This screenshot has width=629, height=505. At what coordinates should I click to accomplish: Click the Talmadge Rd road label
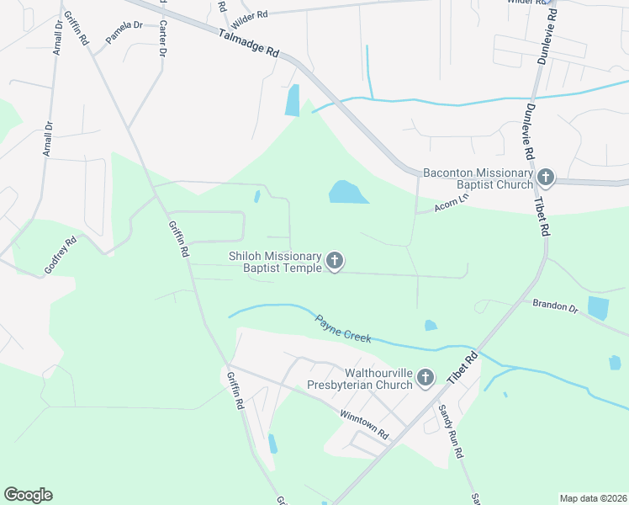coord(249,44)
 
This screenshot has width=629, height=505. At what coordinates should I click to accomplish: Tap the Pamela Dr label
coord(124,32)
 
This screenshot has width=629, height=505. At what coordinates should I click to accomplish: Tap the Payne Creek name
coord(343,328)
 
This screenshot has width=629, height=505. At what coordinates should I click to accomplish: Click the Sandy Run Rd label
coord(450,432)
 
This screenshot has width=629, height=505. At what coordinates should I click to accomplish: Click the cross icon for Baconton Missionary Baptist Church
coord(546,178)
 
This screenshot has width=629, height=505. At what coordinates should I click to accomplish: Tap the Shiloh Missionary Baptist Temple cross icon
coord(335,262)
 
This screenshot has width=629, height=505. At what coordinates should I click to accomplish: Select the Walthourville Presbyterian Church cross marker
coord(425,379)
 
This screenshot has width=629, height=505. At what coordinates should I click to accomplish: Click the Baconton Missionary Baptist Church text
coord(477,178)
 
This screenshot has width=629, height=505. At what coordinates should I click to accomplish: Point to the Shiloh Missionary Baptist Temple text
coord(275,262)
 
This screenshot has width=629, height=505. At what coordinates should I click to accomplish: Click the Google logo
coord(29,495)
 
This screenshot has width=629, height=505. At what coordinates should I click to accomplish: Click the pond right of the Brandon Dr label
coord(598,307)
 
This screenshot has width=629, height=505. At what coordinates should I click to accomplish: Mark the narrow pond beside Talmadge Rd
coord(292,100)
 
